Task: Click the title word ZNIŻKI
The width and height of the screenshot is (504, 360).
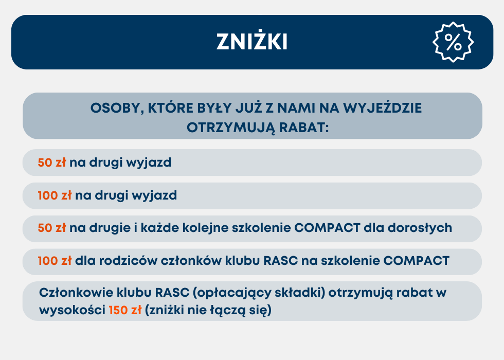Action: (251, 41)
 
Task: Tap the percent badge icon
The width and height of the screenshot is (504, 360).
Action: (453, 42)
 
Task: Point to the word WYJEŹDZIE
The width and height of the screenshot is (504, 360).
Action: (383, 107)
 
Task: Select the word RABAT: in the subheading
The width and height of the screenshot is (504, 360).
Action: (304, 128)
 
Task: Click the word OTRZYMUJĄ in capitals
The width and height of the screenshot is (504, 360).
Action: (231, 128)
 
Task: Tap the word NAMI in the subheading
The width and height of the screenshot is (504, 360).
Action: (296, 108)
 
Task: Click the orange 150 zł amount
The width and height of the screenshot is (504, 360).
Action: (125, 310)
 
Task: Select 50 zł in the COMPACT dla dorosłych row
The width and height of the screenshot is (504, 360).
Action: (52, 227)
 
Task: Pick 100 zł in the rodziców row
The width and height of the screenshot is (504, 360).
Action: (55, 261)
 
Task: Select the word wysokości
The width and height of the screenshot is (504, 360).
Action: (73, 310)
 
